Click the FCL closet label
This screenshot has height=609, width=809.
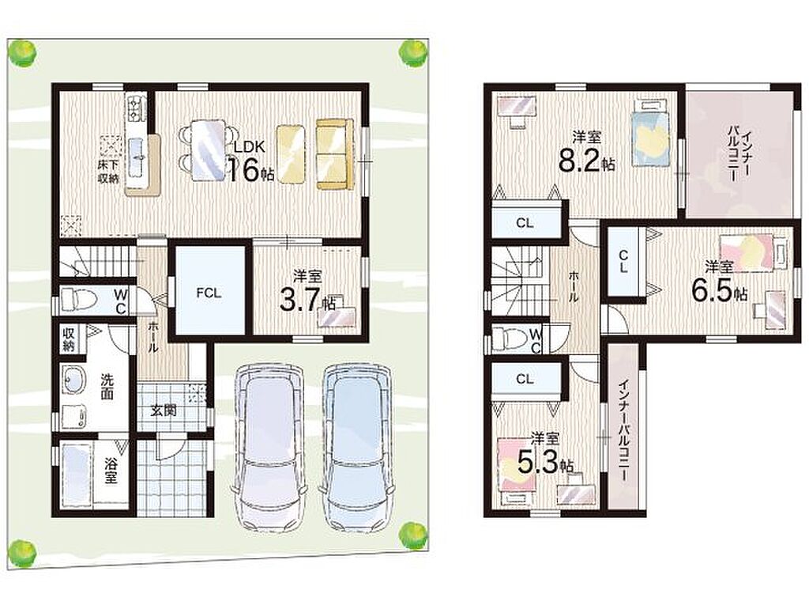pos(209,293)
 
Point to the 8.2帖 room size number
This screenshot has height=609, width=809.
pos(587,161)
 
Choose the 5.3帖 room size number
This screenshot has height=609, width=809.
pos(545,463)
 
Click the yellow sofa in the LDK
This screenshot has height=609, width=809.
pos(334,154)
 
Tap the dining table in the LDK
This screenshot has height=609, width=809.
pos(209,149)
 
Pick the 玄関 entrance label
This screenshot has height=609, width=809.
pos(164,410)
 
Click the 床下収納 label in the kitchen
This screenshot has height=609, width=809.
pos(109,172)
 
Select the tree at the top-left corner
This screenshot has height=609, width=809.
pos(21,53)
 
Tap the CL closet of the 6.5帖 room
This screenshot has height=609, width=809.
pos(624,261)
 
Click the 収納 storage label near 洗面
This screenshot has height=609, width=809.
pos(69,339)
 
